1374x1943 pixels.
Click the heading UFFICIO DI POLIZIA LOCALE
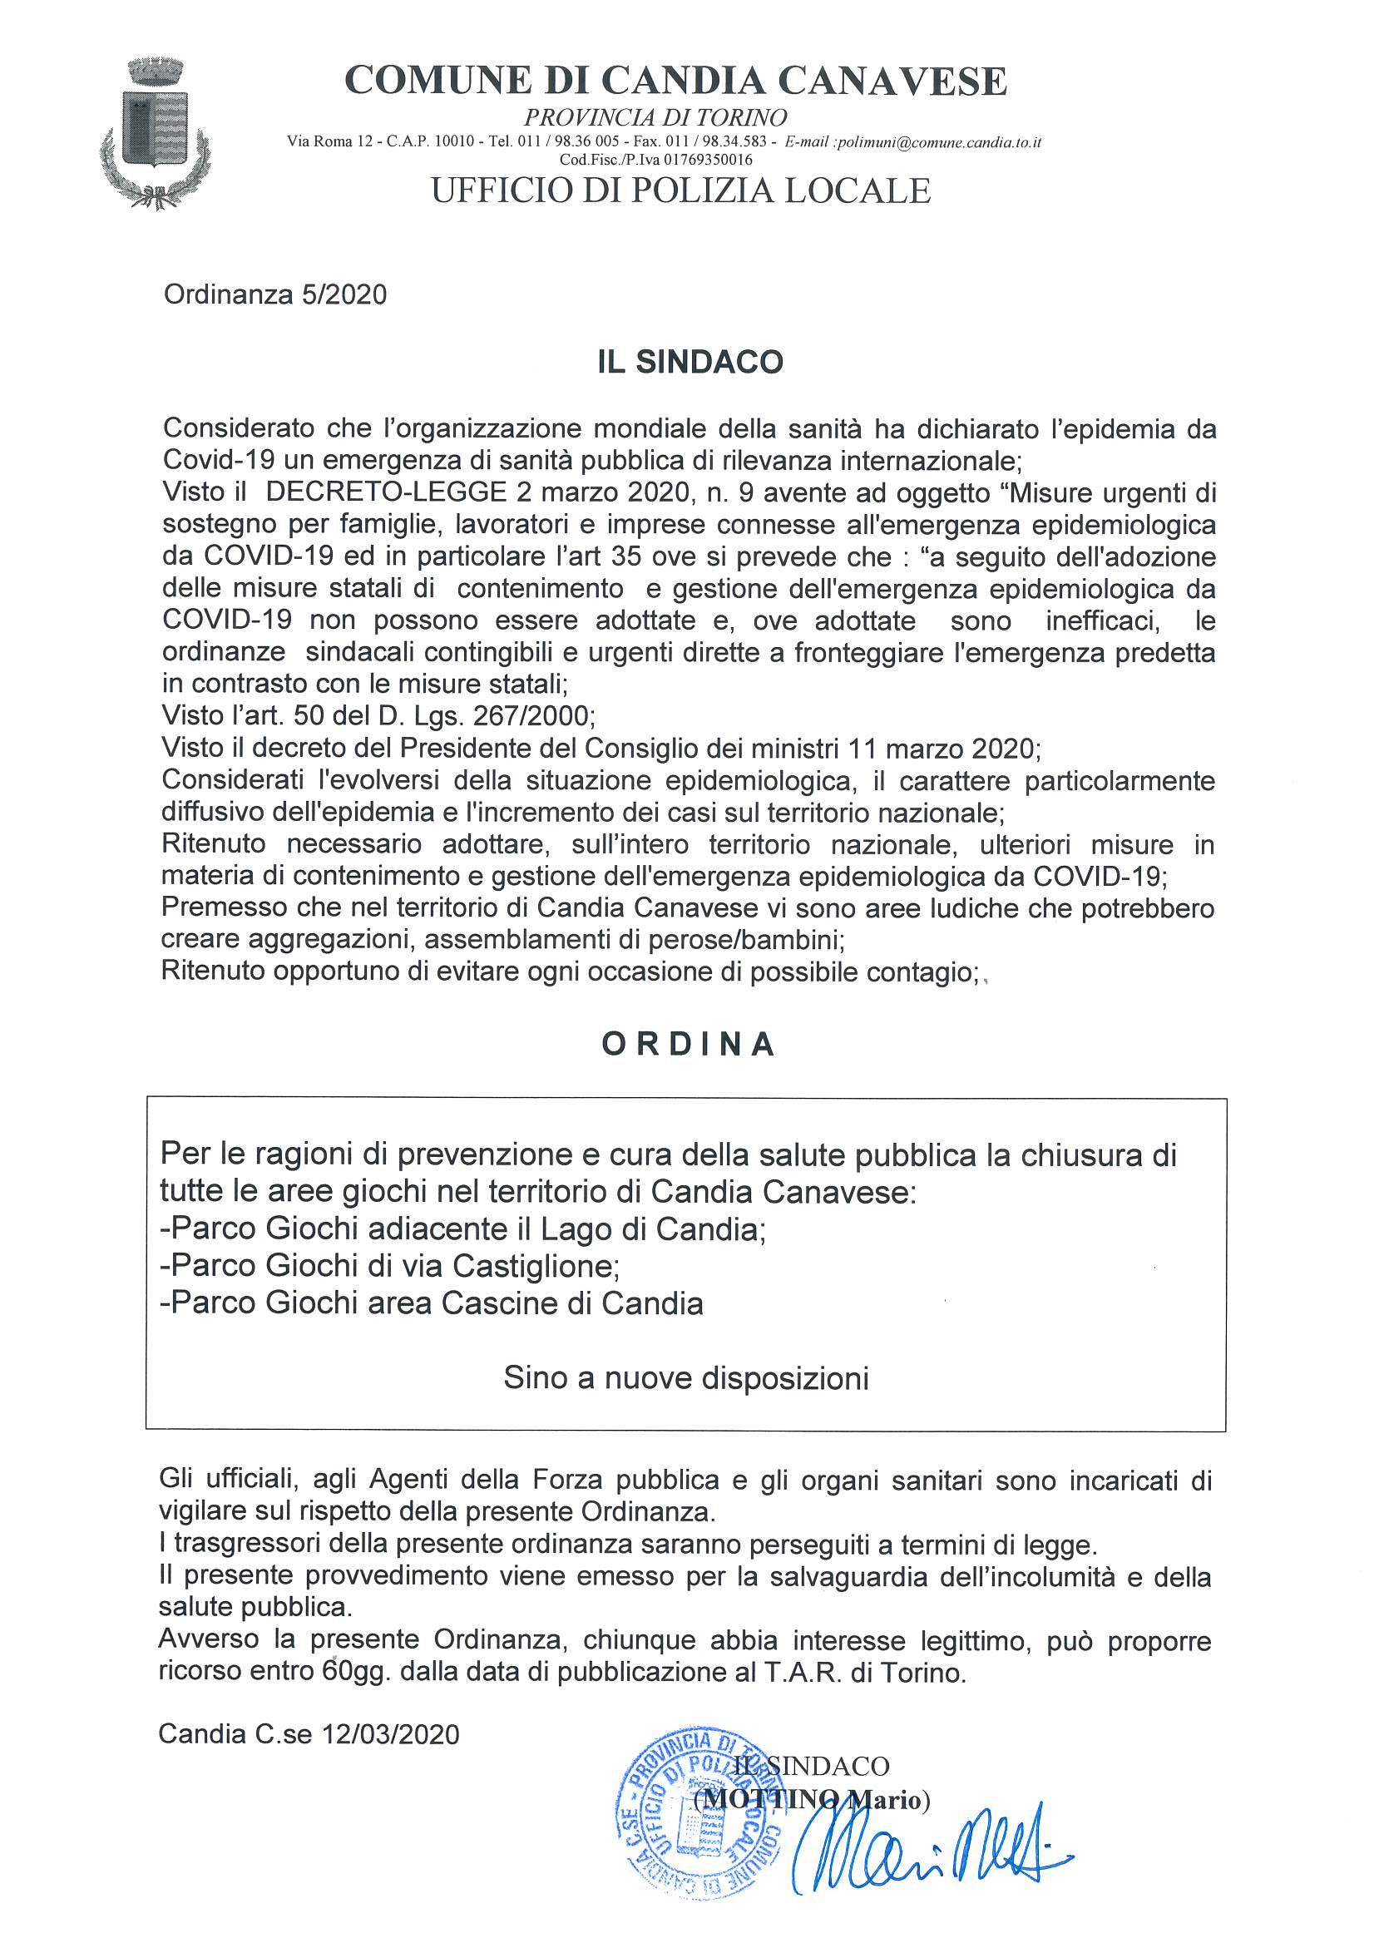(681, 190)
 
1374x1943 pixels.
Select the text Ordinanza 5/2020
(276, 294)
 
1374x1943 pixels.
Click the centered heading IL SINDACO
(686, 362)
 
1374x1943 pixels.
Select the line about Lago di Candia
(462, 1228)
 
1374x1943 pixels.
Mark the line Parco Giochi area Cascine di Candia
(432, 1303)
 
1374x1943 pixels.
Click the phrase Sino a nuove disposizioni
(686, 1378)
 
